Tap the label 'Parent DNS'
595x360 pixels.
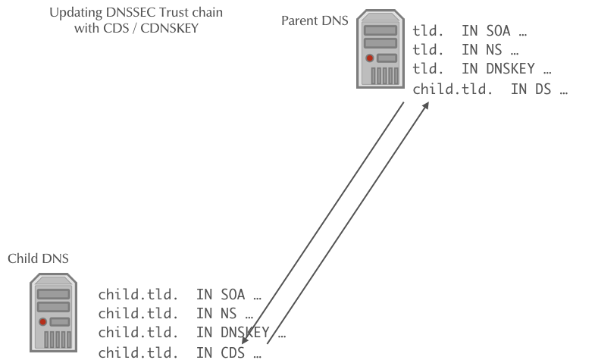(x=315, y=20)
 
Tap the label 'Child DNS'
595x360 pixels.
(x=38, y=259)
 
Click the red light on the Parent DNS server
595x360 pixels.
(x=369, y=58)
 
